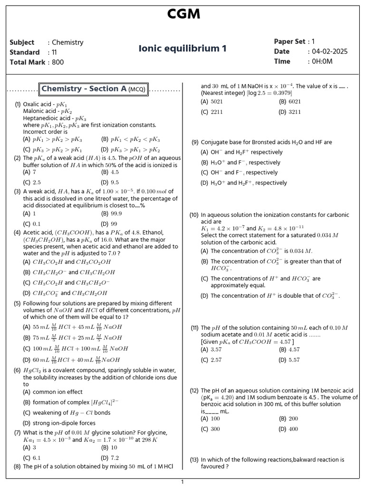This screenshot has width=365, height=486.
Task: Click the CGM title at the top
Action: point(183,14)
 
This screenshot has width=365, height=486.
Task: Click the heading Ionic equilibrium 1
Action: point(182,48)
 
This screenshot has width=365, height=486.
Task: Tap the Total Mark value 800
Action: point(58,62)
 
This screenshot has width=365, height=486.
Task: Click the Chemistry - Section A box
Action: point(94,89)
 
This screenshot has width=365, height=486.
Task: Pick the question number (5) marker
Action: point(17,303)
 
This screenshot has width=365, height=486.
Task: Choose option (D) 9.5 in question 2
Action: point(110,182)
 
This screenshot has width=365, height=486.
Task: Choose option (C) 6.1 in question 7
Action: point(32,458)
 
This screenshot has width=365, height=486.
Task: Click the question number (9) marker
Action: point(195,142)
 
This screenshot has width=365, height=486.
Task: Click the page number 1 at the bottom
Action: point(182,482)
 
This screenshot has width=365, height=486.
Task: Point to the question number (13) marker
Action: point(194,459)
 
